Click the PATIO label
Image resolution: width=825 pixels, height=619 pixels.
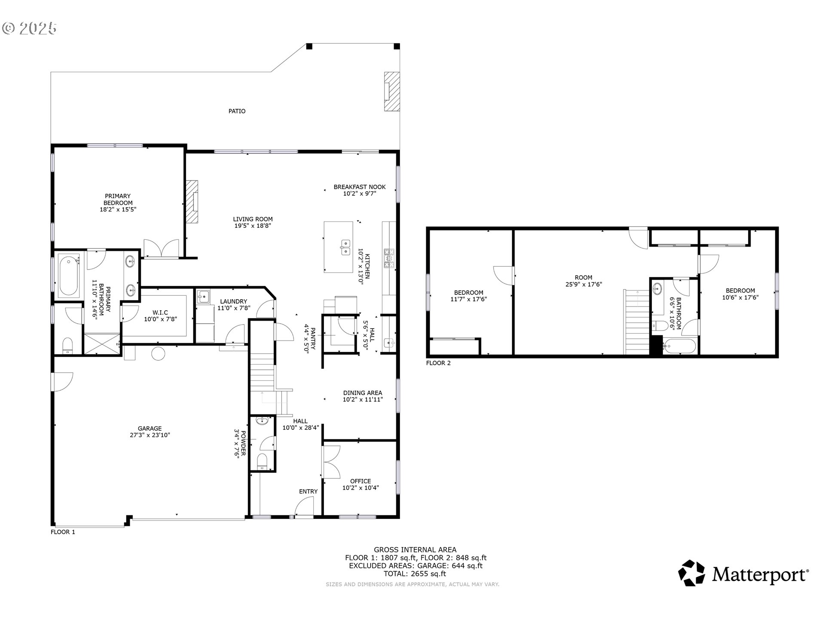[x=237, y=111]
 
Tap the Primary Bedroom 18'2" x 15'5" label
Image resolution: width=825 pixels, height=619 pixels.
[x=118, y=203]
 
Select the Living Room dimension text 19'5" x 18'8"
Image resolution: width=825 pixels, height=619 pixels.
[x=253, y=226]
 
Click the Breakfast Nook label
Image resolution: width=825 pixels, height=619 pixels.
[x=360, y=187]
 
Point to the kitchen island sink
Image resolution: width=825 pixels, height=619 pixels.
[x=345, y=248]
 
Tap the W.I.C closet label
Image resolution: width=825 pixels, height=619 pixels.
[x=160, y=313]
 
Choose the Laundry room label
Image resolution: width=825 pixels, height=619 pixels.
[x=233, y=302]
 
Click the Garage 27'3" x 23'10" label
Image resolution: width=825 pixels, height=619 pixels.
[x=150, y=432]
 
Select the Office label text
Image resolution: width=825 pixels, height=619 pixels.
[x=361, y=481]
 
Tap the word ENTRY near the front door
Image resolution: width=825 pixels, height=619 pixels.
[x=309, y=491]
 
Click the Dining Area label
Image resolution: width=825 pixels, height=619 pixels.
[x=363, y=393]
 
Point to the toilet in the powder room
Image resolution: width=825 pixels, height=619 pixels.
[x=262, y=462]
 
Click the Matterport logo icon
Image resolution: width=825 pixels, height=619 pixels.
[x=692, y=573]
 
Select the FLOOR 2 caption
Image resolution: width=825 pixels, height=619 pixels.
[x=438, y=363]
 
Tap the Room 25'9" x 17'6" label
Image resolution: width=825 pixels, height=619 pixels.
[x=584, y=281]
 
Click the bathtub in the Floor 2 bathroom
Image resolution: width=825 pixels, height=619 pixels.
[x=679, y=347]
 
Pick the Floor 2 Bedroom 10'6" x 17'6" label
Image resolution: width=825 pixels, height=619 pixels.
[x=740, y=294]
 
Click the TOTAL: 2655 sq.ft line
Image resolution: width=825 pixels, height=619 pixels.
[x=415, y=573]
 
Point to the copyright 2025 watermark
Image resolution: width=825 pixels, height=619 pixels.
[x=30, y=28]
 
